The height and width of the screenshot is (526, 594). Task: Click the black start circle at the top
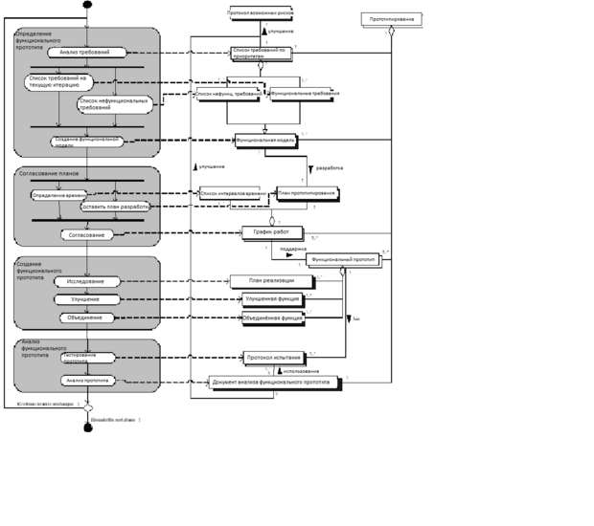click(x=87, y=5)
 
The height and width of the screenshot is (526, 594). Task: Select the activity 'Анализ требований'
click(x=87, y=53)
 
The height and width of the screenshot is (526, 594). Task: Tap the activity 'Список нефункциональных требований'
click(x=115, y=103)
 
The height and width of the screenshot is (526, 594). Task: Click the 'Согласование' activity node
click(x=87, y=234)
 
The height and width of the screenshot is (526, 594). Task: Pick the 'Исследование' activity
click(x=87, y=282)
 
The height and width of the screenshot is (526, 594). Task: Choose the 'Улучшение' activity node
click(x=87, y=299)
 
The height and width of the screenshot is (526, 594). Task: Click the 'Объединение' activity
click(x=87, y=318)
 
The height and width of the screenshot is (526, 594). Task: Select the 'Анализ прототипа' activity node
click(x=88, y=381)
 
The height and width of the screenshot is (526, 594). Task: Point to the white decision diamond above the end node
click(x=87, y=407)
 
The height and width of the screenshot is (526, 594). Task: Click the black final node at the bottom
click(x=87, y=427)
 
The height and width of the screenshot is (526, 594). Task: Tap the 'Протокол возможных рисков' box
click(x=261, y=13)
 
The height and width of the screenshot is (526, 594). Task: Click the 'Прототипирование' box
click(x=391, y=18)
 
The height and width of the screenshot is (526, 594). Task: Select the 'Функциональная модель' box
click(x=265, y=140)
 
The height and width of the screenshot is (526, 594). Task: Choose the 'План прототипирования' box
click(x=307, y=193)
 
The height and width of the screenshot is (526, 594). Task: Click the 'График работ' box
click(x=272, y=231)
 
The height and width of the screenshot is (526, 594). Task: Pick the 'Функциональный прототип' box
click(x=342, y=258)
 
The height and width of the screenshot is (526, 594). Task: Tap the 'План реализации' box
click(x=271, y=280)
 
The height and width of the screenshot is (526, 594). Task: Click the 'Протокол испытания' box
click(x=273, y=358)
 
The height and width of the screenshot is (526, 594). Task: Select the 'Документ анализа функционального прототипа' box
click(x=275, y=382)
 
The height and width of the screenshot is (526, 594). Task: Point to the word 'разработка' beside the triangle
click(x=330, y=167)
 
